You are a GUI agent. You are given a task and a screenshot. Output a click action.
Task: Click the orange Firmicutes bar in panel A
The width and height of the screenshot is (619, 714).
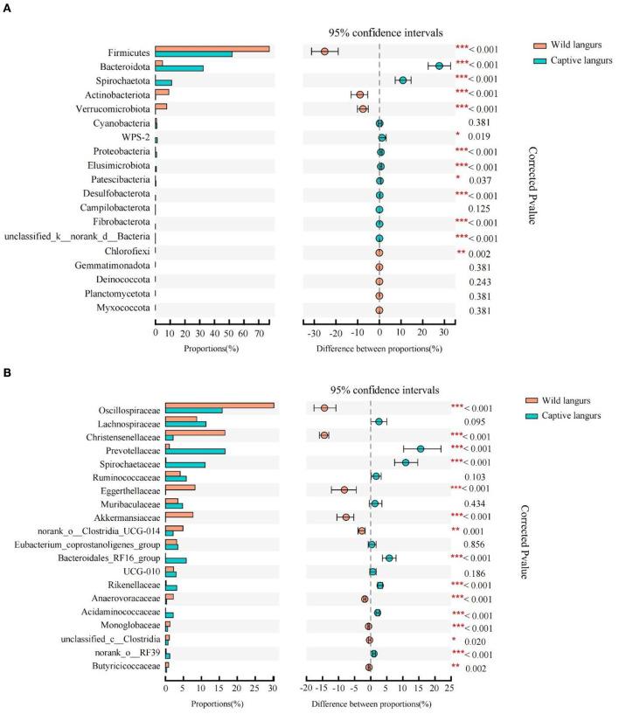click(212, 49)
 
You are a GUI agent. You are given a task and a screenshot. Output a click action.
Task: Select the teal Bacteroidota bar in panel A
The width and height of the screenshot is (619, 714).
click(179, 68)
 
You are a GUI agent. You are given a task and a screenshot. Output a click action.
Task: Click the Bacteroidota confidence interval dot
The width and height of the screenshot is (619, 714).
click(439, 66)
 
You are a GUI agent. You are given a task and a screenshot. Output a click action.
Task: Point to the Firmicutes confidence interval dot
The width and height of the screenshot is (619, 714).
click(324, 52)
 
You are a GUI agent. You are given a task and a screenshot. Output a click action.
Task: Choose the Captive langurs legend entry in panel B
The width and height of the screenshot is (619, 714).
click(562, 415)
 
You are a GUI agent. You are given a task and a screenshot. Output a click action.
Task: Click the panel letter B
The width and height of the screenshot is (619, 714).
click(7, 372)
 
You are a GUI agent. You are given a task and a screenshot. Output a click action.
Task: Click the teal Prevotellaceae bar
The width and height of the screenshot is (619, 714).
click(196, 452)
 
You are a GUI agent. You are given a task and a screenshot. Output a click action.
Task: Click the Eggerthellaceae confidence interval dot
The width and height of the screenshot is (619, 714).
click(344, 490)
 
